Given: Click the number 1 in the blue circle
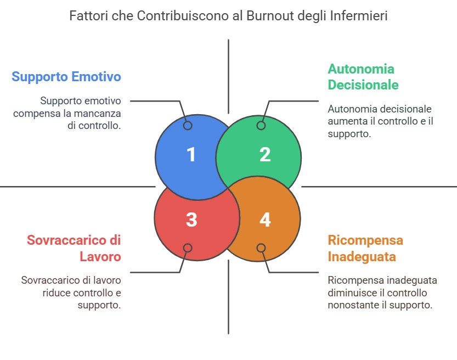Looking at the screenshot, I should coord(191,154).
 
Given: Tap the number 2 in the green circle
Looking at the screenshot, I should coord(265,154).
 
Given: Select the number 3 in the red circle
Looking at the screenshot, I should coord(191,220).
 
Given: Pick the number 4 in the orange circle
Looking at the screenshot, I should coord(265,220).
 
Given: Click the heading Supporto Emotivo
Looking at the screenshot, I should coord(66,76).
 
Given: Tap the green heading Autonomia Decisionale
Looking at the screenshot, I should coord(363,77).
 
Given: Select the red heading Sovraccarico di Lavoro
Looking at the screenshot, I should coord(74,248).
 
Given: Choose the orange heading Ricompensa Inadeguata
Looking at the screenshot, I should coord(365,248).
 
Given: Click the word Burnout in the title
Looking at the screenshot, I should coord(266,16).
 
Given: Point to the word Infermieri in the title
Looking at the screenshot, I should coord(360,16).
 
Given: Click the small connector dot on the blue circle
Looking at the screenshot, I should coord(188,126).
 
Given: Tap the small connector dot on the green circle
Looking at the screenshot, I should coord(261,126).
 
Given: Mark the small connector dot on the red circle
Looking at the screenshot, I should coord(188,248).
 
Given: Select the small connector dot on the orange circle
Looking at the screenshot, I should coord(261,248).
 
